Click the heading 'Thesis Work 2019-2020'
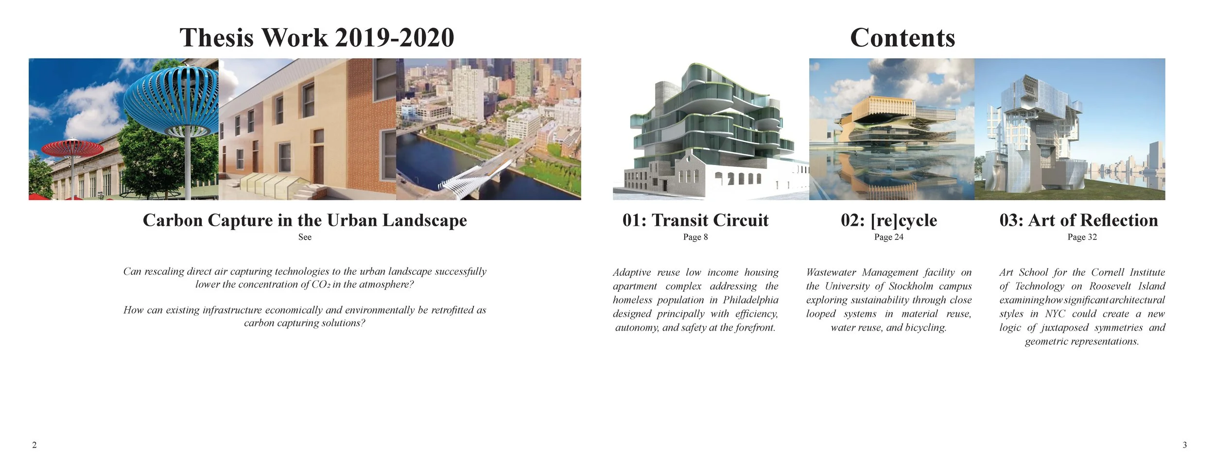tap(317, 38)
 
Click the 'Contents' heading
tap(902, 38)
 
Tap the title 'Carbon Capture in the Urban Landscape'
tap(305, 220)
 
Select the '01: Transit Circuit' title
tap(695, 220)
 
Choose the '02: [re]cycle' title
tap(888, 220)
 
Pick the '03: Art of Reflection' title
tap(1078, 220)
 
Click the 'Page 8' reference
tap(695, 237)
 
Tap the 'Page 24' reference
tap(888, 237)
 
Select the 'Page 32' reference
tap(1082, 237)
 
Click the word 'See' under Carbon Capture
tap(305, 237)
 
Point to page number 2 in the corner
tap(34, 445)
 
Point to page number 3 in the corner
tap(1184, 445)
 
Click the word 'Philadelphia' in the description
tap(750, 300)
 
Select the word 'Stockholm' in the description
tap(911, 286)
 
